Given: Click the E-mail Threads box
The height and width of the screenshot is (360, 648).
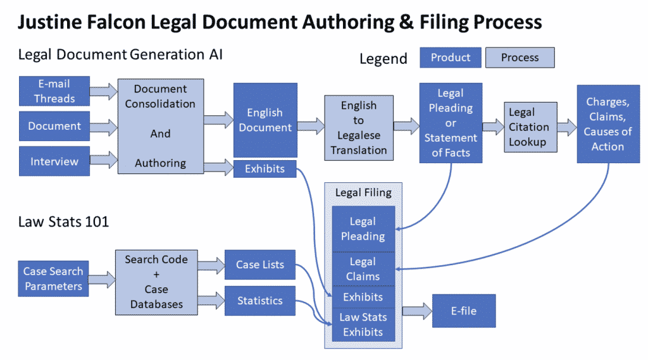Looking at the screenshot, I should click(54, 91).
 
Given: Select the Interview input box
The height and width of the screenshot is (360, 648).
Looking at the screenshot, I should click(54, 161).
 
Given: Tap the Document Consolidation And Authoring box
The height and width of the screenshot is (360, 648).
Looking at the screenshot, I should click(160, 127).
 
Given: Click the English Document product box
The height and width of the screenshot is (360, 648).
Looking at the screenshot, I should click(265, 120).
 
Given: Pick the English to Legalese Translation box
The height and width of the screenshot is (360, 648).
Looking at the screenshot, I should click(359, 128).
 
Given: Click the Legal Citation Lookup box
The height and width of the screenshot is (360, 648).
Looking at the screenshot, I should click(530, 127).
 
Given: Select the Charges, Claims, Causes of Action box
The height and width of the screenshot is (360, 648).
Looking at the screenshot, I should click(607, 124).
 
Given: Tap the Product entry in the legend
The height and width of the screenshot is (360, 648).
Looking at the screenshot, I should click(451, 58).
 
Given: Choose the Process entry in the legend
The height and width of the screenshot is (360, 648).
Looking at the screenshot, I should click(520, 58).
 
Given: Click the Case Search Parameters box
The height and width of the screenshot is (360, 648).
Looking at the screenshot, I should click(53, 279).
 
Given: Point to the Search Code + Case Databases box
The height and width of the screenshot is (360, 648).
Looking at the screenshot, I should click(156, 282).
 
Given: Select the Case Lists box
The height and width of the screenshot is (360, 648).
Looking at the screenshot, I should click(260, 265).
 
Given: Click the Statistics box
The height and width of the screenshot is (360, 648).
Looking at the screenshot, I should click(260, 301).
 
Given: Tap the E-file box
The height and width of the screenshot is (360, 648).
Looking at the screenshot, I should click(464, 311).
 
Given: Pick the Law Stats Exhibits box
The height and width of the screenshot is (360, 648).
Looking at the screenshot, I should click(363, 325).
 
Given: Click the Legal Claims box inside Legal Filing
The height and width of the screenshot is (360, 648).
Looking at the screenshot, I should click(363, 269).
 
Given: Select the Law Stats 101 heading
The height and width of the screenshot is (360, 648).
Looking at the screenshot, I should click(63, 221).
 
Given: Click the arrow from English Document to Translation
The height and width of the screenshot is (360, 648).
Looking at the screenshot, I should click(310, 123).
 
